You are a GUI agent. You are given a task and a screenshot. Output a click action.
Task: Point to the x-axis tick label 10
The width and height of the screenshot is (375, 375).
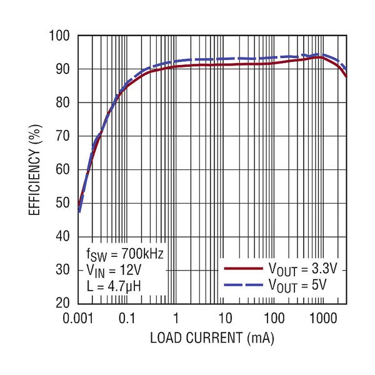(225, 319)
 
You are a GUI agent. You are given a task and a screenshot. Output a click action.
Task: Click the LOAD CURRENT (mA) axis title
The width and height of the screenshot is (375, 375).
(212, 339)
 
